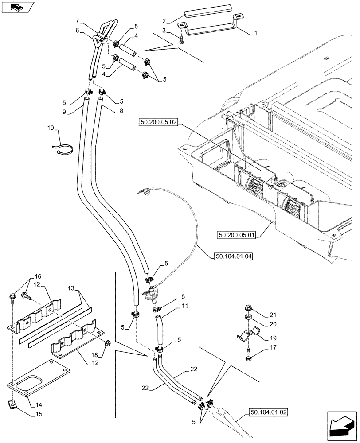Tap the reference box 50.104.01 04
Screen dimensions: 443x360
pos(233,256)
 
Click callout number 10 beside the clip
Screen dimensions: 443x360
pos(50,128)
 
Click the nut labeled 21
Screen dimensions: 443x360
pos(249,307)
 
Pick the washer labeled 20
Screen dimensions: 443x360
pos(248,318)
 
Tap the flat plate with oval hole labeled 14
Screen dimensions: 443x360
pos(40,377)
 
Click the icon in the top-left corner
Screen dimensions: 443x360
pos(17,7)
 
